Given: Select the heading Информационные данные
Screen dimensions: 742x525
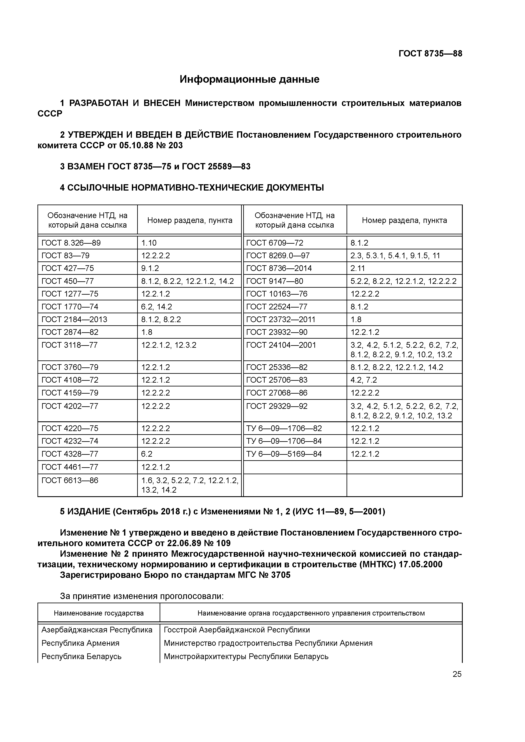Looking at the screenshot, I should (x=249, y=79).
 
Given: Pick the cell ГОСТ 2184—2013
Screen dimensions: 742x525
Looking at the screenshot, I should (x=74, y=319).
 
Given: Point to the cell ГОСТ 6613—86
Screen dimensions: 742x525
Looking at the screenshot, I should (x=70, y=481).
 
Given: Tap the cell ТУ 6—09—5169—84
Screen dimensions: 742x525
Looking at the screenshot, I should (x=284, y=454).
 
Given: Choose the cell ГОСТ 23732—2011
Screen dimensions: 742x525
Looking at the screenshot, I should (x=281, y=319).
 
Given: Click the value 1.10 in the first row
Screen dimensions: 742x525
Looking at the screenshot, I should (x=149, y=243).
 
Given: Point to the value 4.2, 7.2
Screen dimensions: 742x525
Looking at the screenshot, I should (x=364, y=380).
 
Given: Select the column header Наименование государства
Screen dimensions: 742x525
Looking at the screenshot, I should (x=99, y=613).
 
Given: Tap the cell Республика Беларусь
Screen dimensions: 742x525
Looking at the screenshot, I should (x=82, y=656).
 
